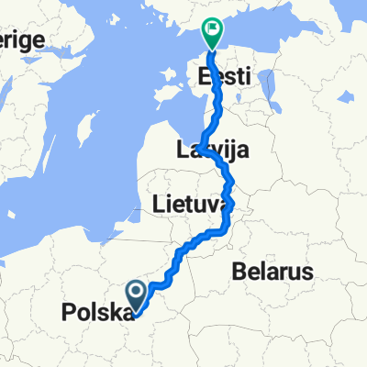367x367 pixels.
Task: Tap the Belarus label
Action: click(272, 272)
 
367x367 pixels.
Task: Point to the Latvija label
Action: click(214, 150)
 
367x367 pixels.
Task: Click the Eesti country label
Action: click(225, 79)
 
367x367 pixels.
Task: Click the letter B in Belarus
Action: click(238, 272)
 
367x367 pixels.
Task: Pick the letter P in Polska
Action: click(67, 313)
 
